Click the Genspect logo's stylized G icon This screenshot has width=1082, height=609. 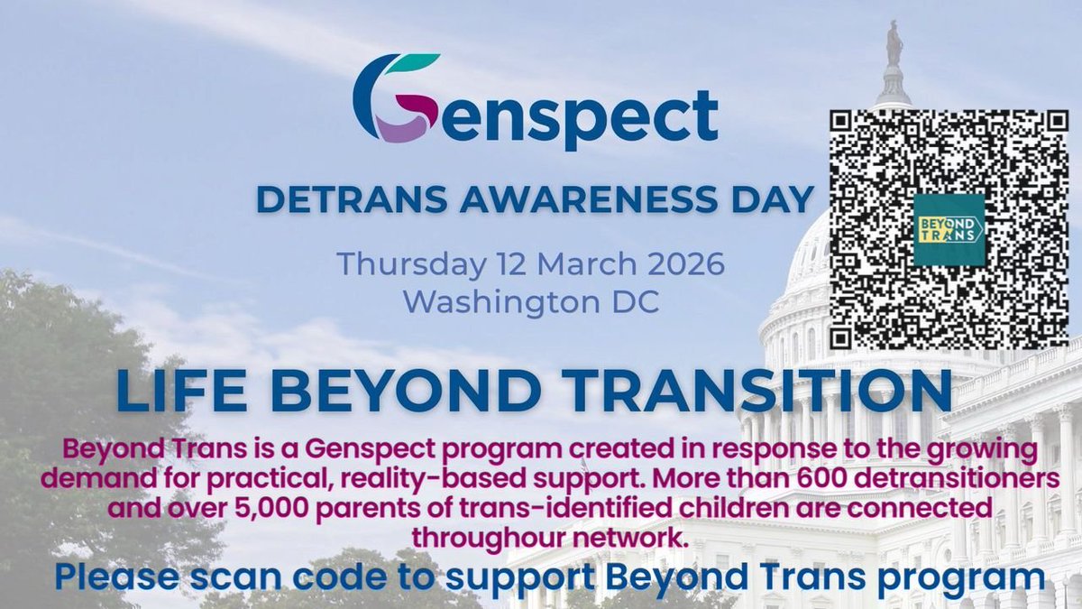tap(396, 97)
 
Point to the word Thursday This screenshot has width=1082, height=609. tap(403, 264)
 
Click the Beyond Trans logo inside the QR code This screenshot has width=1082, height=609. tap(948, 228)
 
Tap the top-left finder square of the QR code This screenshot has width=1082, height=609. tap(853, 134)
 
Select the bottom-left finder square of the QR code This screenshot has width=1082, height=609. tap(853, 326)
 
